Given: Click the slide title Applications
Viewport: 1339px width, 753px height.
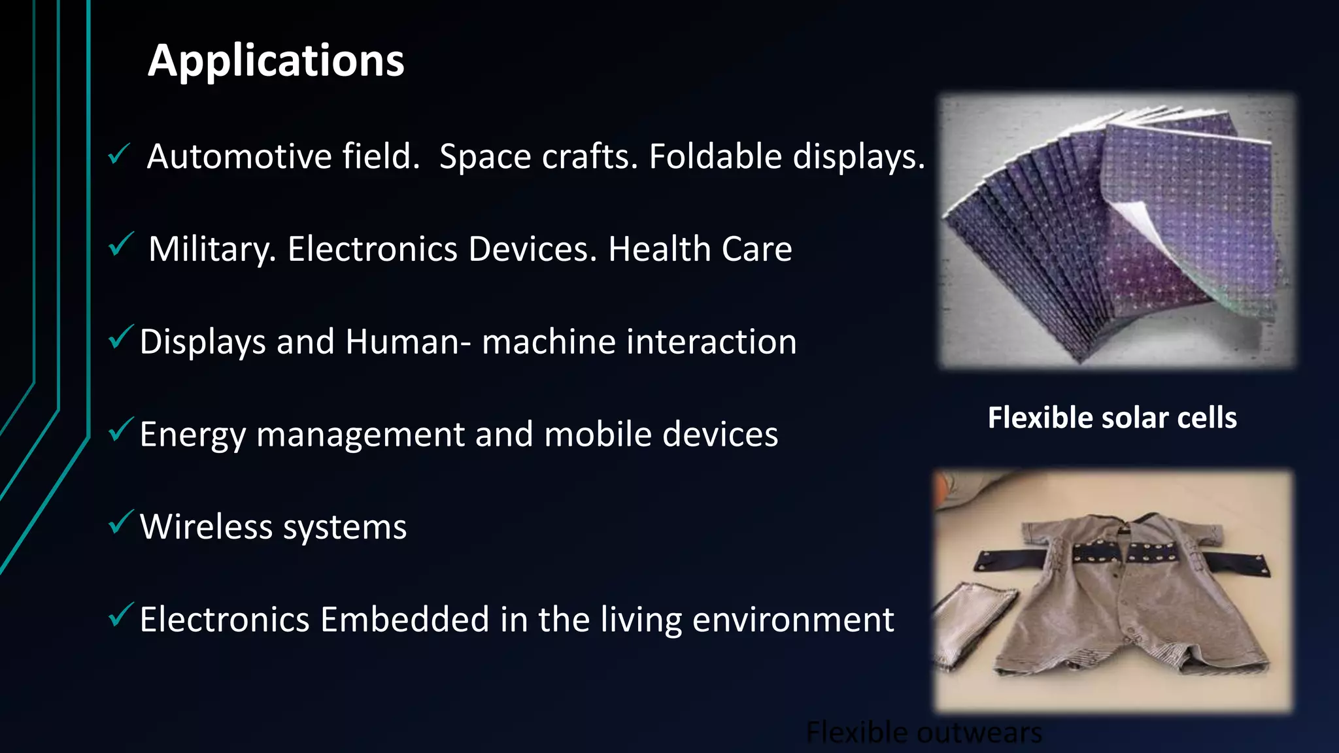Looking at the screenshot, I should [276, 61].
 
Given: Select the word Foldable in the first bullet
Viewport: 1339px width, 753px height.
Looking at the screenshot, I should [715, 157].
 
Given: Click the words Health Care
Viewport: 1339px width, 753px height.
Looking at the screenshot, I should [700, 250].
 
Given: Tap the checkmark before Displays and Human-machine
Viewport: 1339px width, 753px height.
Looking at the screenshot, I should [120, 337].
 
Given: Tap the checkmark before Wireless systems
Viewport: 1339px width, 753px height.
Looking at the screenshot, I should [120, 522].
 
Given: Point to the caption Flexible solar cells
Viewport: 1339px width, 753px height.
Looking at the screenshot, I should [1111, 418].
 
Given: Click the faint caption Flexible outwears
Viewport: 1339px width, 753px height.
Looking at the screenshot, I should [924, 733].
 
